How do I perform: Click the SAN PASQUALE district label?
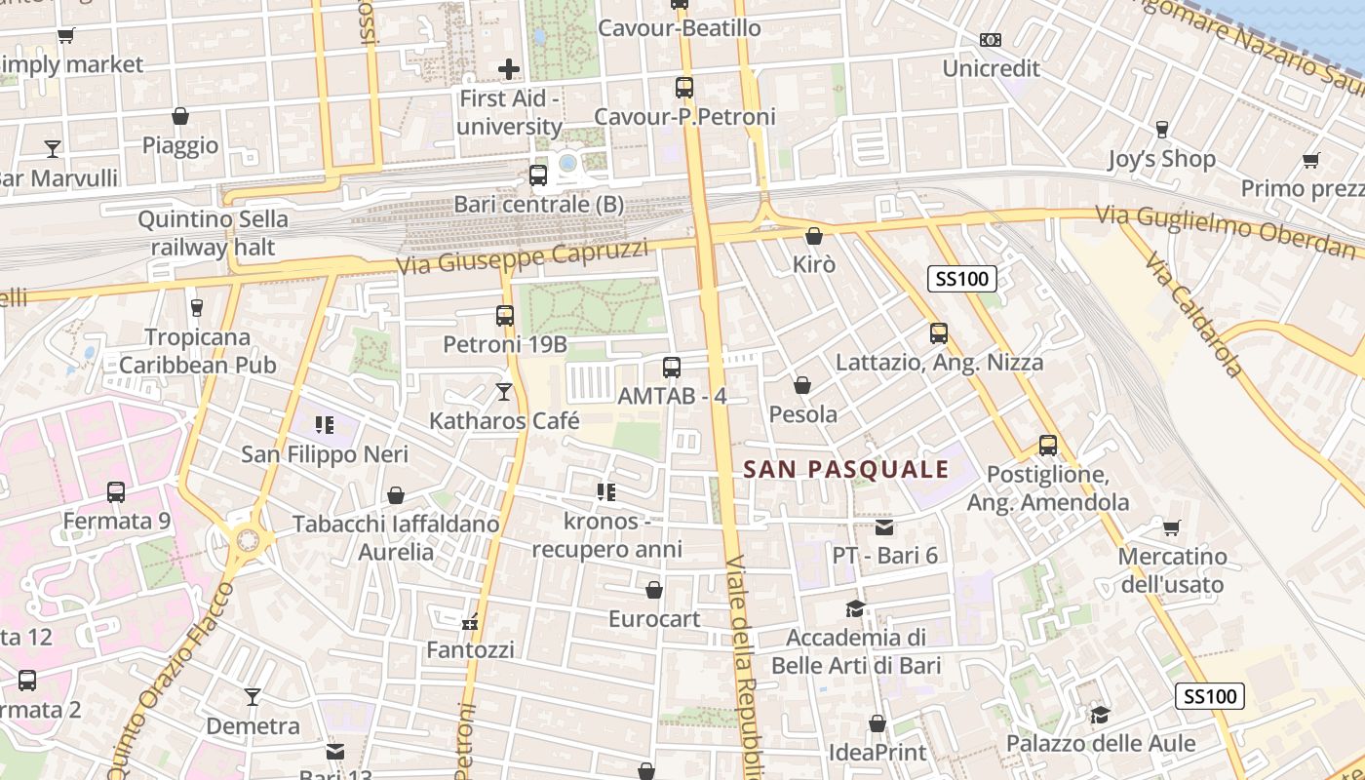point(846,469)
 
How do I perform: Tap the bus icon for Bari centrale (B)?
point(537,175)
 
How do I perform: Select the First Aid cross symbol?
point(509,69)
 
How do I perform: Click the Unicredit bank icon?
point(991,40)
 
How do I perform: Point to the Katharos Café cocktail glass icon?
point(504,392)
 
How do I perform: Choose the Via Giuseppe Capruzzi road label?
point(523,257)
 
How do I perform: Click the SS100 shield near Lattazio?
point(962,279)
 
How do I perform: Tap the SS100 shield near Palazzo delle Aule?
point(1210,696)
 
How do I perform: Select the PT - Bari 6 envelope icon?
point(884,527)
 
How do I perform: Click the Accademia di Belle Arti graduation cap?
point(855,609)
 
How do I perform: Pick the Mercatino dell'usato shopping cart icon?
point(1172,528)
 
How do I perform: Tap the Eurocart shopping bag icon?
point(654,590)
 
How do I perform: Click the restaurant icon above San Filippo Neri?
point(325,425)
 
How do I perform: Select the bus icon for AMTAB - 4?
point(672,368)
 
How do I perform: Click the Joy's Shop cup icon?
point(1162,129)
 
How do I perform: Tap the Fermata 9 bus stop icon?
point(116,492)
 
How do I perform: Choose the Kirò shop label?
point(814,264)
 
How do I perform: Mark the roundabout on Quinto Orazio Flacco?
point(249,537)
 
